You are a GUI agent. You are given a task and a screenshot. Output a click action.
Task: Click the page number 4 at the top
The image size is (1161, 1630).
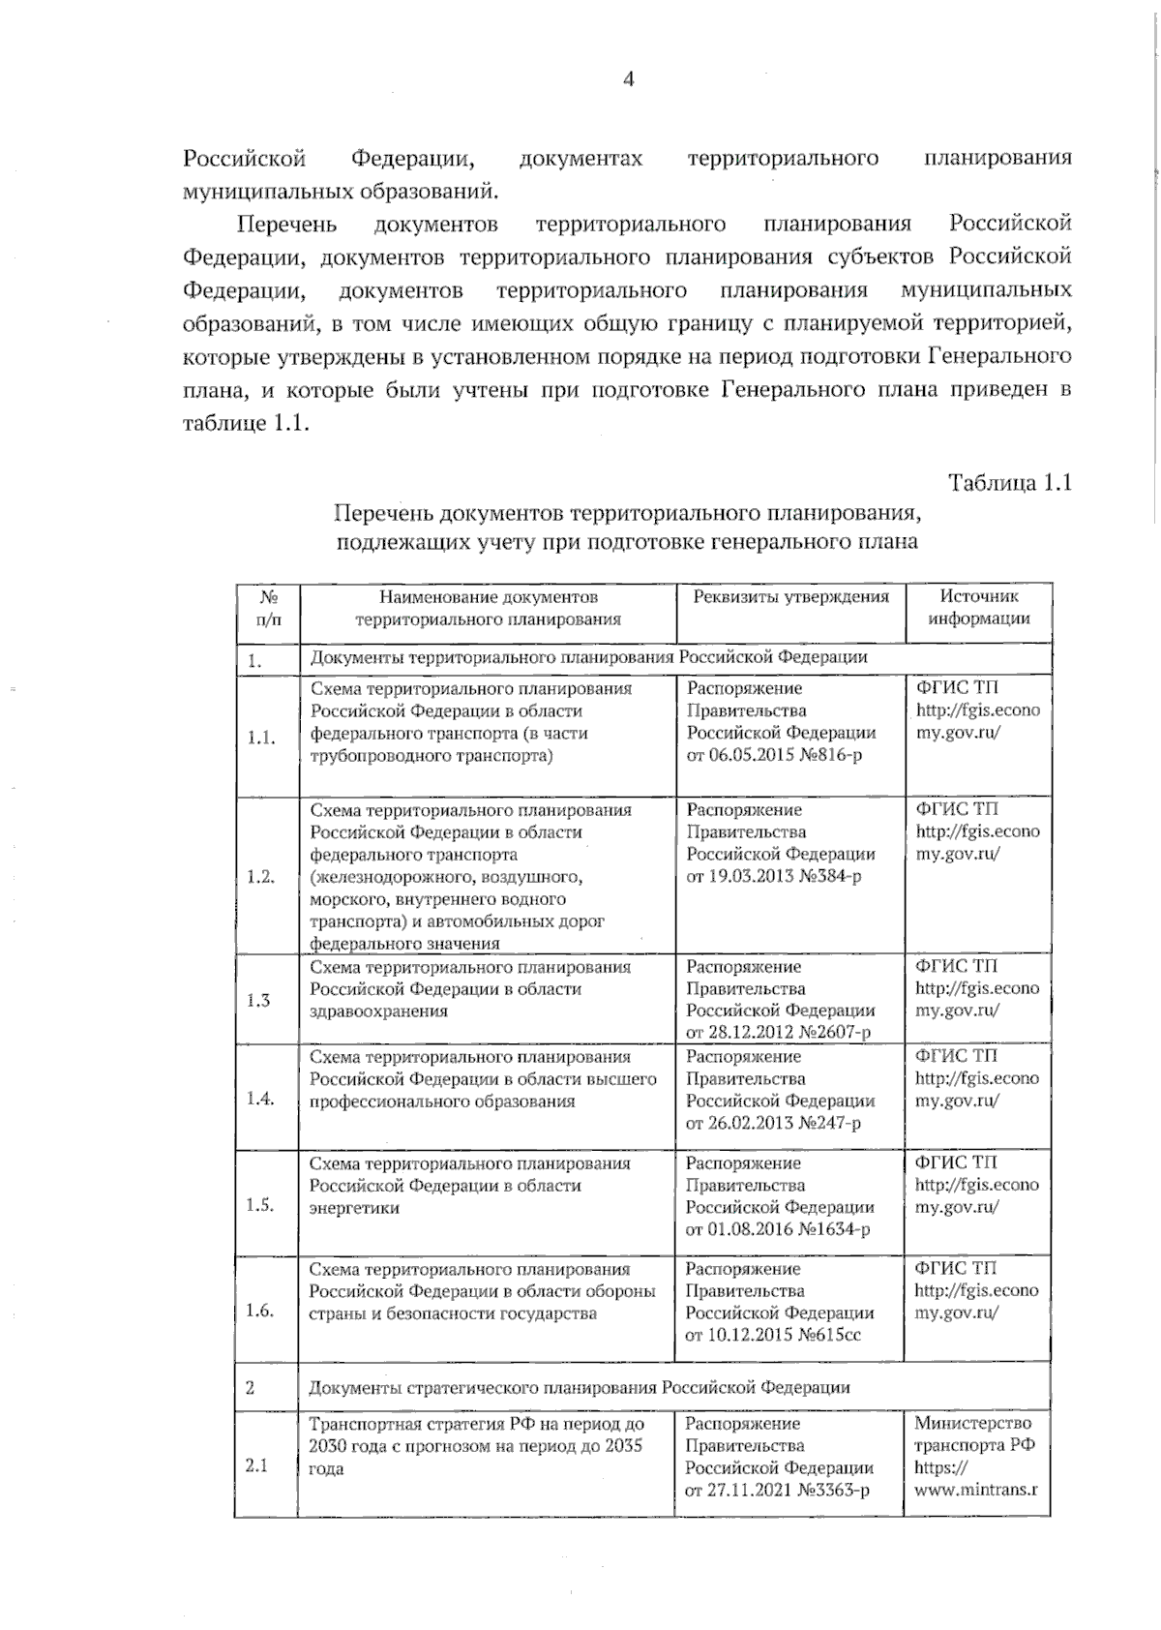[x=628, y=79]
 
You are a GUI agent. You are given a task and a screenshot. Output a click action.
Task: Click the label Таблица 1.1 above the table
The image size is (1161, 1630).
[x=1010, y=483]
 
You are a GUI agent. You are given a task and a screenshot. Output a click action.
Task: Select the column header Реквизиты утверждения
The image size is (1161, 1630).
[x=790, y=597]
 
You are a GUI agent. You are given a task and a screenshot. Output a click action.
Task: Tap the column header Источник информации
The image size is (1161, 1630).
[x=978, y=608]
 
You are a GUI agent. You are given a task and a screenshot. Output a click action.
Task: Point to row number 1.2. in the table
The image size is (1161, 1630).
[x=260, y=877]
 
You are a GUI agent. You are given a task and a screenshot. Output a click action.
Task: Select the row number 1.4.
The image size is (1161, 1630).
[x=260, y=1099]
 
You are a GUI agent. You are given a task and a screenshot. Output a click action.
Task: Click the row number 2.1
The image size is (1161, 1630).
[x=256, y=1465]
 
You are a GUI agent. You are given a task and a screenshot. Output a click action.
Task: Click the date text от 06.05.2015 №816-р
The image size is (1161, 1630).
[x=774, y=755]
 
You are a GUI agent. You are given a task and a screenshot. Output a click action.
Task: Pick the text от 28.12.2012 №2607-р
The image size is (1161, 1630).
[x=778, y=1032]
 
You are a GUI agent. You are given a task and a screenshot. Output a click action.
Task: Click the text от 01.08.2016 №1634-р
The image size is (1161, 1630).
[x=778, y=1229]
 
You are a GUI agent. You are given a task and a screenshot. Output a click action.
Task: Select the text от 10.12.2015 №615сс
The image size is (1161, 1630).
[x=773, y=1335]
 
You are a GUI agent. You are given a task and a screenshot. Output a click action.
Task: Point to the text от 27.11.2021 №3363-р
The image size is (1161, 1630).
[x=777, y=1491]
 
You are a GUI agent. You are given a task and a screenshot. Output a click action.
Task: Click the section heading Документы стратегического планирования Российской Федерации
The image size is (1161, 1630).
[x=579, y=1387]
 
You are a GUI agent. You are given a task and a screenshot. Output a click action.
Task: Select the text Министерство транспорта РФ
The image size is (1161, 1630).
[x=974, y=1434]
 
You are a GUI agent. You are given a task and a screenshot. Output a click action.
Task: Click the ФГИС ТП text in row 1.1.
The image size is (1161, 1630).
[x=957, y=688]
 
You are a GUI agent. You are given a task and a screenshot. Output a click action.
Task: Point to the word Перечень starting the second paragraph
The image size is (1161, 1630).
[x=287, y=225]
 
